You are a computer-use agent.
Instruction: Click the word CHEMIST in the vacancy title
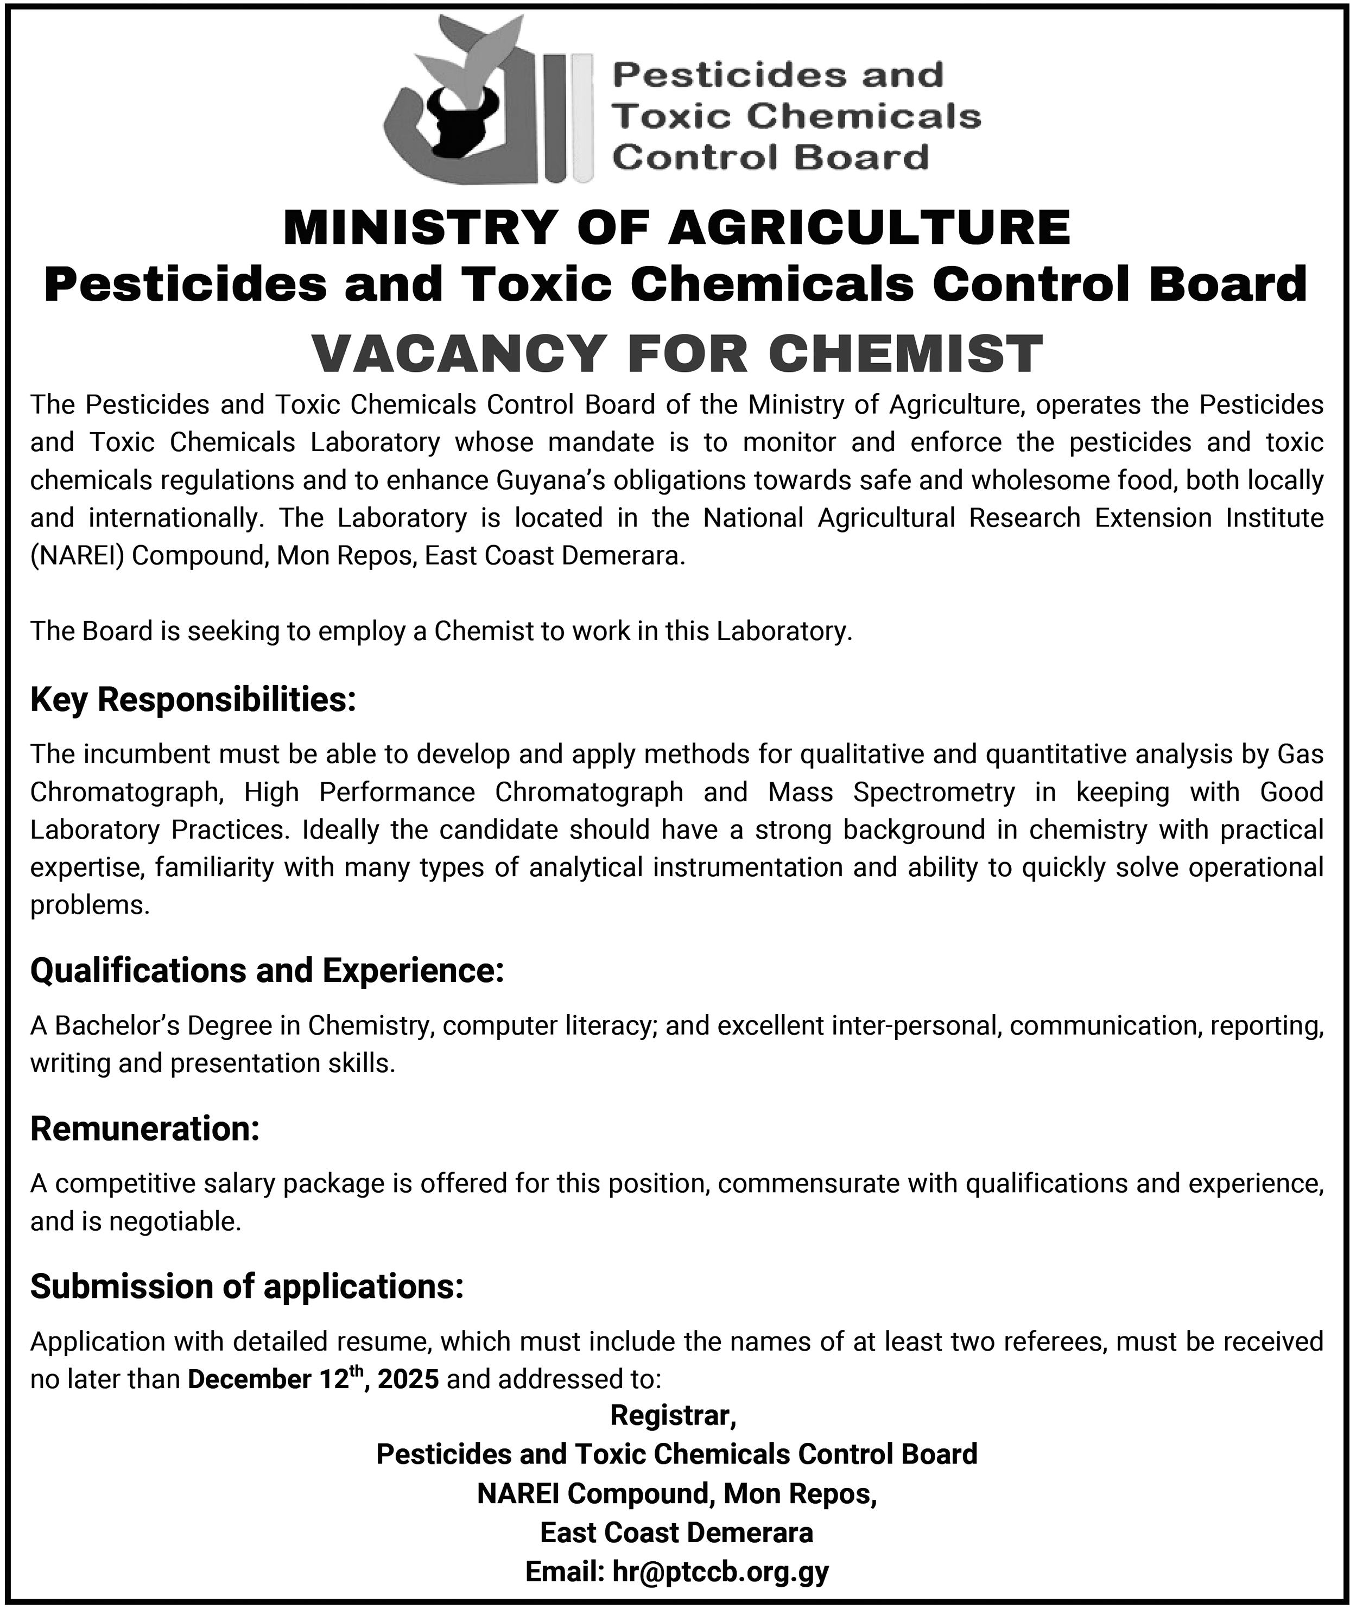[x=905, y=354]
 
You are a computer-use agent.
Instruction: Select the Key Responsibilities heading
[x=193, y=700]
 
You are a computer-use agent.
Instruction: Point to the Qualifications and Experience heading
[x=267, y=970]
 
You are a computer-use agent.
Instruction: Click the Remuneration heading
[x=145, y=1129]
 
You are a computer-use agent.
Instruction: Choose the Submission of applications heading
[x=246, y=1287]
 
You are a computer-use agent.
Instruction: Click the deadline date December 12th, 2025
[x=313, y=1379]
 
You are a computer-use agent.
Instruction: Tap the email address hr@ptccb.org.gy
[x=720, y=1572]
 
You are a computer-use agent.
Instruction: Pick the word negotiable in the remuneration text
[x=175, y=1221]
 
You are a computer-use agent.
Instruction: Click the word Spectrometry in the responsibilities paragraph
[x=934, y=791]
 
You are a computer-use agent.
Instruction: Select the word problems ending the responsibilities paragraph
[x=90, y=905]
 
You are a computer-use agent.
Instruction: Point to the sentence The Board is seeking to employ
[x=441, y=631]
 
